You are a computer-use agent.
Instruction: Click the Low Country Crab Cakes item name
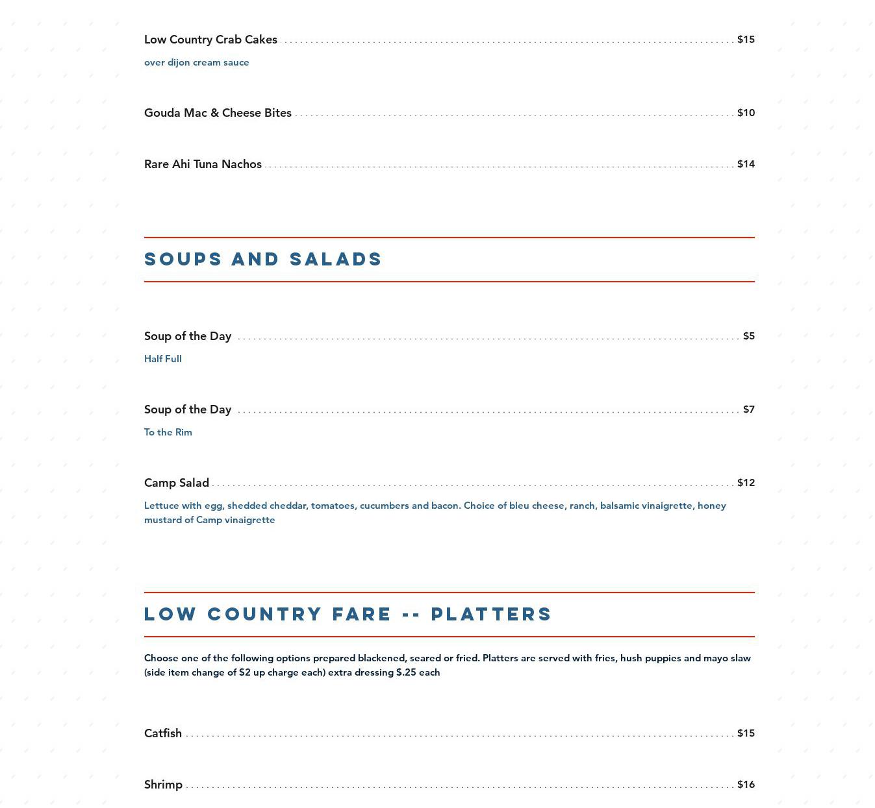pos(210,40)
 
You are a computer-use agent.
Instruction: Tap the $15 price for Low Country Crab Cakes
pos(746,40)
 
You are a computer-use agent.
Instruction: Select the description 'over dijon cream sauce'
pos(196,62)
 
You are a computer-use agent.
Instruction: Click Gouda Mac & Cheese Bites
pos(218,113)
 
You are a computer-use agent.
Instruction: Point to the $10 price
pos(746,113)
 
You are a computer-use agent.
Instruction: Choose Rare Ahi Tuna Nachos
pos(203,164)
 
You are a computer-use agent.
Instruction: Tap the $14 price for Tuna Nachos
pos(746,164)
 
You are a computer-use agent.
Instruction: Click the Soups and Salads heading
pos(263,259)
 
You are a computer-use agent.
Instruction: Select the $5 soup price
pos(749,336)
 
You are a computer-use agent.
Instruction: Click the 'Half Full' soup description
pos(163,359)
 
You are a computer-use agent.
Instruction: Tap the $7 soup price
pos(749,410)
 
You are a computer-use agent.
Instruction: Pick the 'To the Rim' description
pos(168,432)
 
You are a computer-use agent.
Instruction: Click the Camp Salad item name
pos(177,483)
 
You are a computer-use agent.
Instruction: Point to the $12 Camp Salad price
pos(746,483)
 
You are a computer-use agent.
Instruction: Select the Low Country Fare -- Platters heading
pos(348,614)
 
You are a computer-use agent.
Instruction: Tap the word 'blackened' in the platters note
pos(381,658)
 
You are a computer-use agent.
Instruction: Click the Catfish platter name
pos(163,733)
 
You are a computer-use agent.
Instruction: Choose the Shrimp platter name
pos(163,785)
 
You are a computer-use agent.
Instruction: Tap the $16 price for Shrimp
pos(746,785)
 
